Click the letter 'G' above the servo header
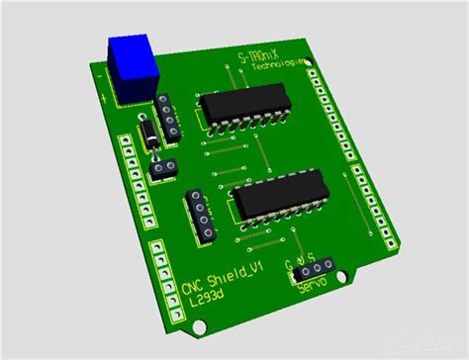(289, 264)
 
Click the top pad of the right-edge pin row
(317, 76)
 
